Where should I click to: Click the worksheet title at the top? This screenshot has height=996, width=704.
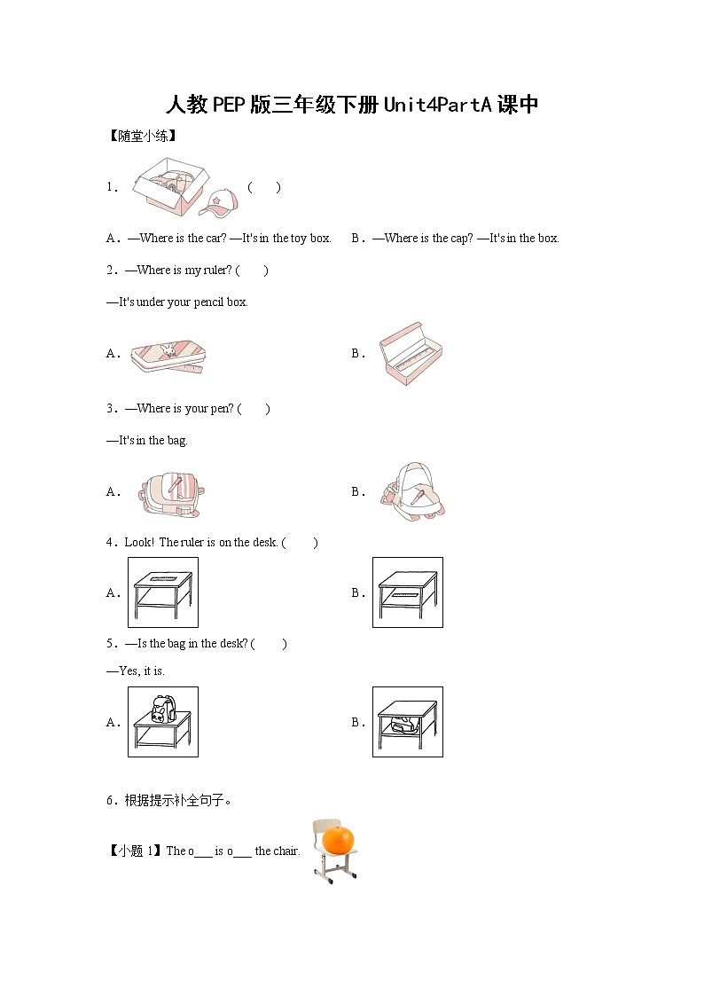click(x=352, y=105)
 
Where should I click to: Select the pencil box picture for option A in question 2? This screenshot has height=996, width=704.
click(x=166, y=354)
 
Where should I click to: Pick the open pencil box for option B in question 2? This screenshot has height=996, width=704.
click(x=409, y=351)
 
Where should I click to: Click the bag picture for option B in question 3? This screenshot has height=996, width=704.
click(x=411, y=490)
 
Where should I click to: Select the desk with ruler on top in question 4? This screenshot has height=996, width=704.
click(x=163, y=592)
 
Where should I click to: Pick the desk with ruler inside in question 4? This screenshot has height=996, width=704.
click(x=408, y=592)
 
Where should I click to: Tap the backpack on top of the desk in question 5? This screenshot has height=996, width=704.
click(x=162, y=710)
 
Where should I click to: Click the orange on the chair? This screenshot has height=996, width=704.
click(x=337, y=838)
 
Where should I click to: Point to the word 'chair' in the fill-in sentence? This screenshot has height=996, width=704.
click(x=286, y=851)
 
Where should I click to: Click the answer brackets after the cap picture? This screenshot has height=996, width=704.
click(x=264, y=187)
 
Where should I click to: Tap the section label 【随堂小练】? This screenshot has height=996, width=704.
click(x=142, y=136)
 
